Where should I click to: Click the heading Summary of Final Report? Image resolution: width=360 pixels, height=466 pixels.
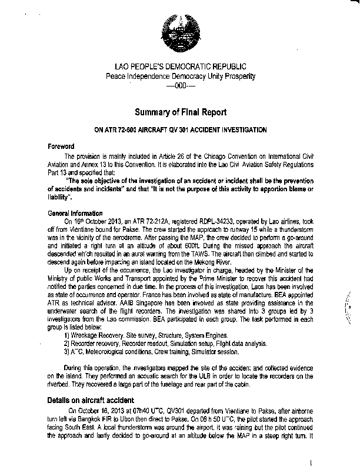180,112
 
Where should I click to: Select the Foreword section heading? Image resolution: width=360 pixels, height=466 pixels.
61,146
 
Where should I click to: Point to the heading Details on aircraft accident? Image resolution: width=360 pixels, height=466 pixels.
92,400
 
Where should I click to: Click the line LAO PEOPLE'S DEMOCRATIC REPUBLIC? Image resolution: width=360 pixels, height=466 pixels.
180,68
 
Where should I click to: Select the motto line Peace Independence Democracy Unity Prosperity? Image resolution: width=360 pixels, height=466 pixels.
180,77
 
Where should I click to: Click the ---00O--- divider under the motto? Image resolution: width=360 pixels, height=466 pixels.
179,86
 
